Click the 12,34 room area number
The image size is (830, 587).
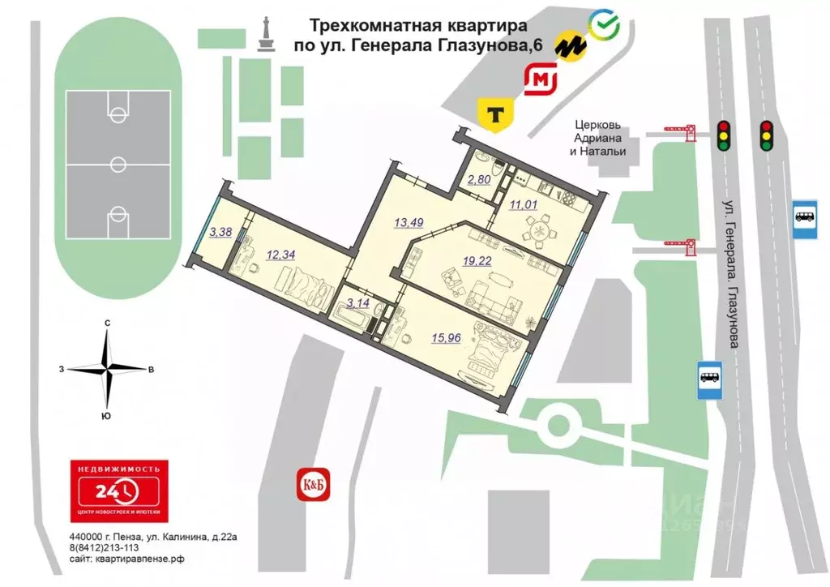pyautogui.click(x=280, y=254)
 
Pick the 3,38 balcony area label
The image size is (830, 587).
pyautogui.click(x=220, y=233)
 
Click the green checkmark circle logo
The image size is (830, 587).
pyautogui.click(x=604, y=25)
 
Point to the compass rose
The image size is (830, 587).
pyautogui.click(x=107, y=369)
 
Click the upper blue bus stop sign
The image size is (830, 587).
pyautogui.click(x=805, y=217)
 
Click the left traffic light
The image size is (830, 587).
pyautogui.click(x=724, y=135)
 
